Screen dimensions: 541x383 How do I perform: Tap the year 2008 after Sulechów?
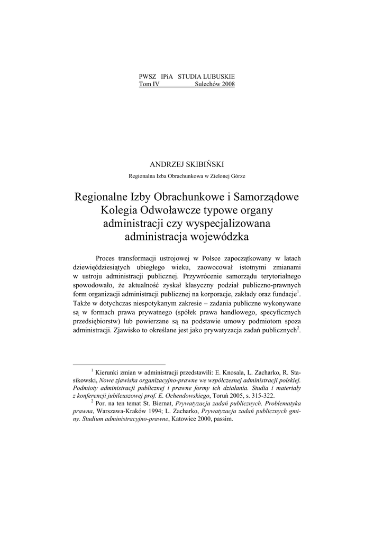click(x=226, y=84)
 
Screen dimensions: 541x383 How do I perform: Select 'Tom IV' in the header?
click(x=149, y=84)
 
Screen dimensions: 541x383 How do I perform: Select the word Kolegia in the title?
click(x=121, y=210)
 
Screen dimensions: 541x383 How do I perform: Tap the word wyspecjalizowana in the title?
click(x=234, y=223)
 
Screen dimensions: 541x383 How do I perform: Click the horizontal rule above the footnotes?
click(x=119, y=364)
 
